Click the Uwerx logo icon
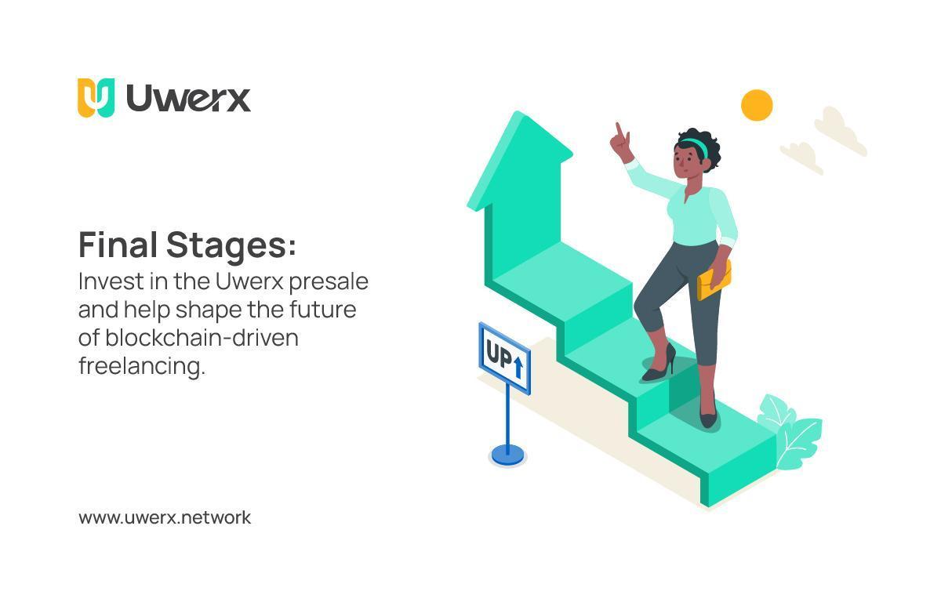[x=96, y=97]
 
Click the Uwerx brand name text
[x=188, y=98]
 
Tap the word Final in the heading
[x=118, y=245]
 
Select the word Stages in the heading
[x=231, y=246]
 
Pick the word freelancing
[x=141, y=365]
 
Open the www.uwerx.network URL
[x=165, y=517]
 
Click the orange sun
[x=757, y=105]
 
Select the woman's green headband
[x=694, y=143]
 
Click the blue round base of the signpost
[x=507, y=454]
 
